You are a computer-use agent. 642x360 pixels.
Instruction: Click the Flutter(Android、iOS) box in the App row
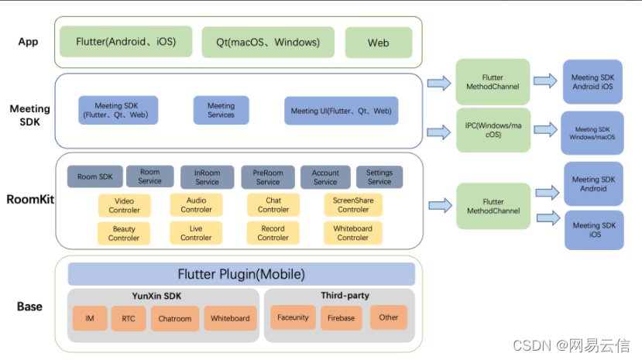pos(123,42)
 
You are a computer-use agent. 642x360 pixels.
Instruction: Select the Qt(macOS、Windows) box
pos(267,43)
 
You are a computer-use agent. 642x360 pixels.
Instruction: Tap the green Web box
pos(378,43)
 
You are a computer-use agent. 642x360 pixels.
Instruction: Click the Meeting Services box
pos(221,111)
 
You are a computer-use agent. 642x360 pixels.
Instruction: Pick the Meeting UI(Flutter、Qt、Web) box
pos(341,111)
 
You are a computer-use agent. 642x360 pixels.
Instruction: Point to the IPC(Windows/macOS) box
pos(493,129)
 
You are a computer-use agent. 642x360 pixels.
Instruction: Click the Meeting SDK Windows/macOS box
pos(592,133)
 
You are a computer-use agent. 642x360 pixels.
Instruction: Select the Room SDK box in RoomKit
pos(94,177)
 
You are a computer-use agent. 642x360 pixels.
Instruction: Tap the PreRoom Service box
pos(268,177)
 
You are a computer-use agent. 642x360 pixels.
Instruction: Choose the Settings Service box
pos(379,177)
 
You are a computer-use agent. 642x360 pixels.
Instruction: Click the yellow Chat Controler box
pos(273,204)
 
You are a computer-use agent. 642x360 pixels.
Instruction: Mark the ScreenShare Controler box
pos(353,204)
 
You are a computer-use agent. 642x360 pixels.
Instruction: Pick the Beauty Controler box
pos(124,233)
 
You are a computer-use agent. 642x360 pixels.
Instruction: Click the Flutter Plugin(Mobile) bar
pos(241,274)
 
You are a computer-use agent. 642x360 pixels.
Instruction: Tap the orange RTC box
pos(128,318)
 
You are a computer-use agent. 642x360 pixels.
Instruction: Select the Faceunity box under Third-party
pos(293,317)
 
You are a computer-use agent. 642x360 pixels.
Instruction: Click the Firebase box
pos(341,318)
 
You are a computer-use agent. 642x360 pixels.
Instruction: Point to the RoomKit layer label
pos(29,199)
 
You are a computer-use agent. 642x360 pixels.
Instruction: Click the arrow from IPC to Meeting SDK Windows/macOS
pos(546,129)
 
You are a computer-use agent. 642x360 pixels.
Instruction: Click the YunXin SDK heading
pos(163,296)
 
